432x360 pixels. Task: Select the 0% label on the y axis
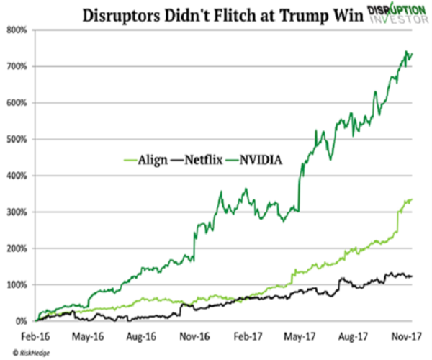click(x=19, y=321)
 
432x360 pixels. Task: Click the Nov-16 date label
click(x=192, y=336)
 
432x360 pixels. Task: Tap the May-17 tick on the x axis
click(x=298, y=336)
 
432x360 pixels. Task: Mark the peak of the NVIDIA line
click(x=408, y=52)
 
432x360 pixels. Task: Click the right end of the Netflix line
click(x=411, y=276)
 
